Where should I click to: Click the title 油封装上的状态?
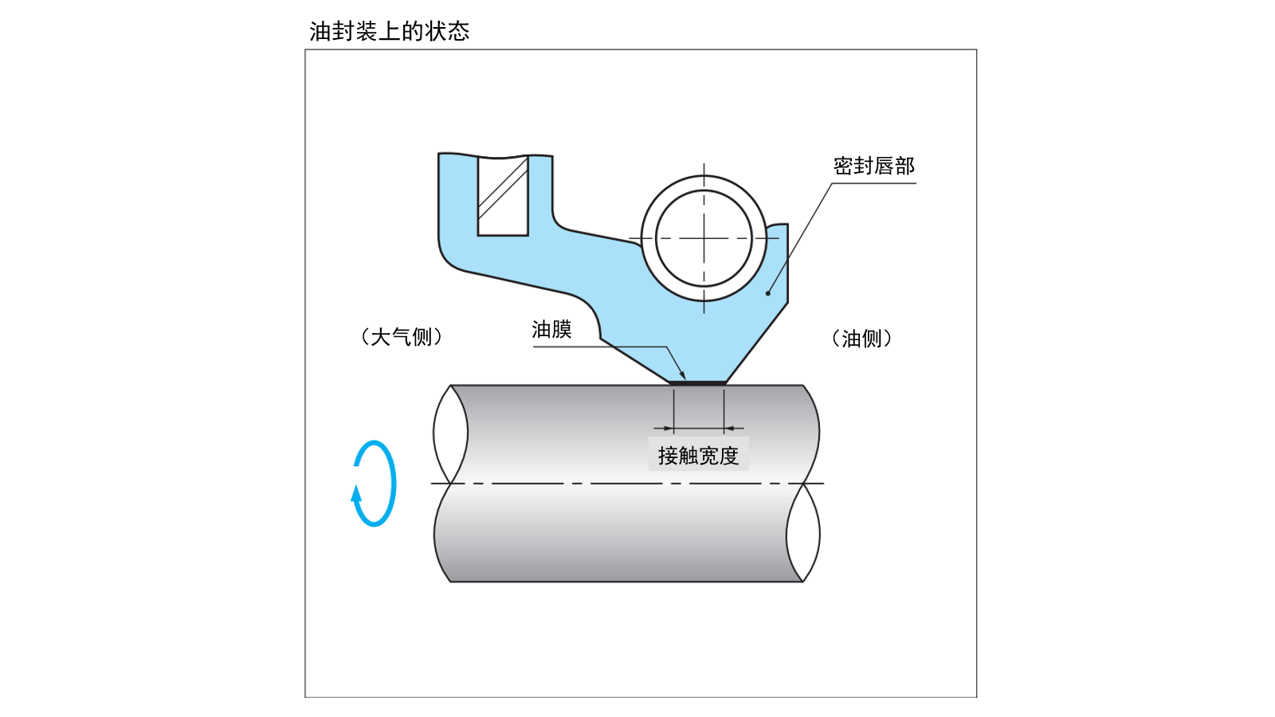(x=389, y=31)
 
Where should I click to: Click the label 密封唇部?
(x=873, y=166)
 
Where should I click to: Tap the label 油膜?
(x=551, y=329)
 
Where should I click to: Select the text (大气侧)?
(x=401, y=337)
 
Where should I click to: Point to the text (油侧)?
(x=861, y=339)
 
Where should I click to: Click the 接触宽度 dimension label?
(x=698, y=456)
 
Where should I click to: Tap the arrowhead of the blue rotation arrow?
(x=356, y=493)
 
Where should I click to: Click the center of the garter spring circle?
(x=704, y=238)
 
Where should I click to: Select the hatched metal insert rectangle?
(x=503, y=196)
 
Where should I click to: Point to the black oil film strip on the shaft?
(x=698, y=383)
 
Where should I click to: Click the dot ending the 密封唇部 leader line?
(x=768, y=293)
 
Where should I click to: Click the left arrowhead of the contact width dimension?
(x=669, y=429)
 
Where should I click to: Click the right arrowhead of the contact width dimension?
(x=728, y=429)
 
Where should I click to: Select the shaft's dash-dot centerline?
(x=622, y=484)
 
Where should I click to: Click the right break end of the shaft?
(x=803, y=532)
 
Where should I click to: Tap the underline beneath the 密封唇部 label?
(x=873, y=183)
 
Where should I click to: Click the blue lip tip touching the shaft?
(x=698, y=374)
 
